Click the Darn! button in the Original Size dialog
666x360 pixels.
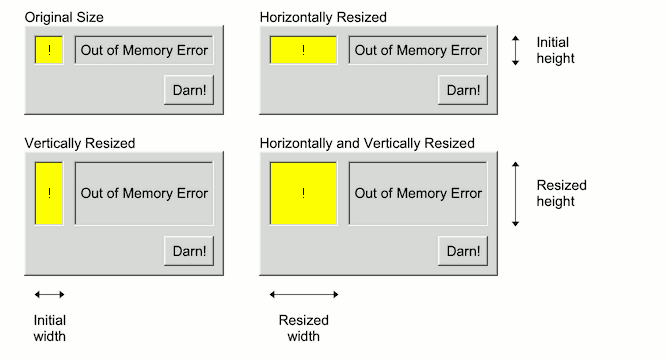point(188,90)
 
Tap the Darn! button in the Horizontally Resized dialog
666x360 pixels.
point(462,90)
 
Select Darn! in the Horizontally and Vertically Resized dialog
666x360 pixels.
point(462,250)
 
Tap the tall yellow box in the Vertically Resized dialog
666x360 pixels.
point(49,193)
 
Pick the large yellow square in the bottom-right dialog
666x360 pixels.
point(303,193)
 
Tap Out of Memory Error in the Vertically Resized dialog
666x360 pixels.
point(144,193)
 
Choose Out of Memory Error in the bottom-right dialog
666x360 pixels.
point(418,193)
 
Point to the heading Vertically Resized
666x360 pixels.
point(79,144)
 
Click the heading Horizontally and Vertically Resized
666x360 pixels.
point(367,144)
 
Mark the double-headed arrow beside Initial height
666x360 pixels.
point(515,51)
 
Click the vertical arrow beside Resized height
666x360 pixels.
point(515,193)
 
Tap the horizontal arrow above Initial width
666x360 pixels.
point(49,294)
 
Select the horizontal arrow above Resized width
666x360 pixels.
point(304,294)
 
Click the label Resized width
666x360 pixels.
point(303,328)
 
